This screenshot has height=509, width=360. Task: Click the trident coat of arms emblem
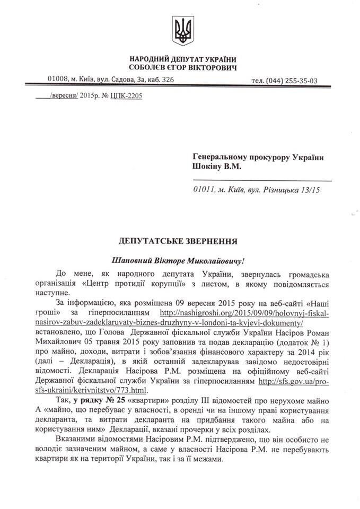[183, 30]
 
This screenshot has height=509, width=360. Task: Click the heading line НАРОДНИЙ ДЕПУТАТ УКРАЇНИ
[183, 59]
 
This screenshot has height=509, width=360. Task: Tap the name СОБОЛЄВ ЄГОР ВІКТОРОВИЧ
[183, 67]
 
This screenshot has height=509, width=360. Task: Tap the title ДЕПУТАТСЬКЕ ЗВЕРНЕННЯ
[177, 242]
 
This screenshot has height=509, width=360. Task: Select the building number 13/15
[319, 188]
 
